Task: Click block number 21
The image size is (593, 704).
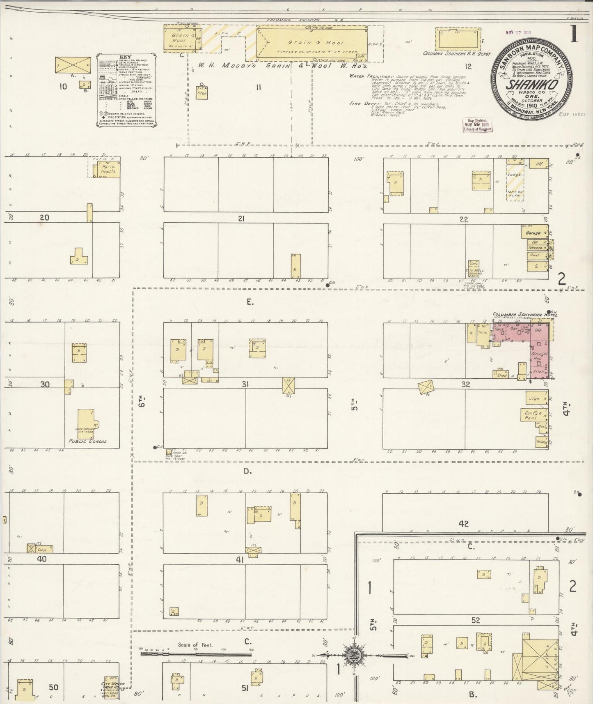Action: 241,219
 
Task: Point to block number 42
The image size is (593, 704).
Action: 464,524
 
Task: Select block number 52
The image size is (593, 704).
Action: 476,621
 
